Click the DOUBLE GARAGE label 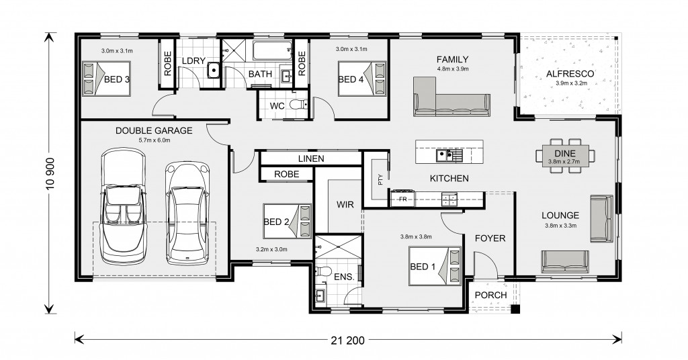pos(154,130)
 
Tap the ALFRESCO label pos(570,74)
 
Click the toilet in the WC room pos(300,105)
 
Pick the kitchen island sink pos(449,154)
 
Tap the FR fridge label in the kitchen pos(402,199)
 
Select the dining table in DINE pos(565,154)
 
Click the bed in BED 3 pos(106,78)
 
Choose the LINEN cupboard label pos(310,159)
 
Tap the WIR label pos(345,204)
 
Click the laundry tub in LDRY pos(213,70)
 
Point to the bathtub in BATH pos(272,50)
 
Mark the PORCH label pos(490,295)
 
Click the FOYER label pos(490,238)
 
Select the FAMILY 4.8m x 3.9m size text pos(452,69)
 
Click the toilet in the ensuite pos(322,271)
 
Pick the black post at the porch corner pos(516,309)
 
